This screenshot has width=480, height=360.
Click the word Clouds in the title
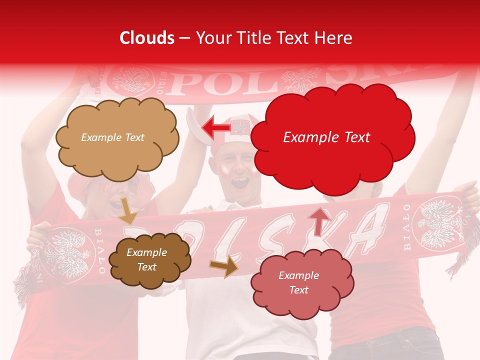coord(147,38)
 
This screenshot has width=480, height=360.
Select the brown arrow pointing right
coord(224,266)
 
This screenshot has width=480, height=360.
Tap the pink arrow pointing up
coord(319,220)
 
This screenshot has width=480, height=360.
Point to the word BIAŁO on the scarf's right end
coord(406,227)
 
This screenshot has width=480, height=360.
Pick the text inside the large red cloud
coord(326,137)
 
